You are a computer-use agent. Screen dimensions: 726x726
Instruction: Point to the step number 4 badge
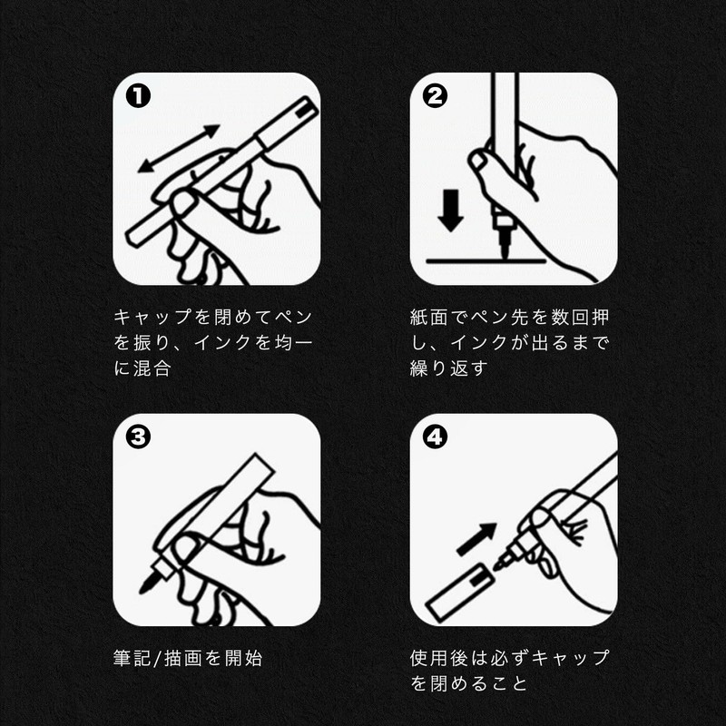(435, 437)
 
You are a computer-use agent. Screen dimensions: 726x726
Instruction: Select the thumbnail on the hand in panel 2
(478, 161)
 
